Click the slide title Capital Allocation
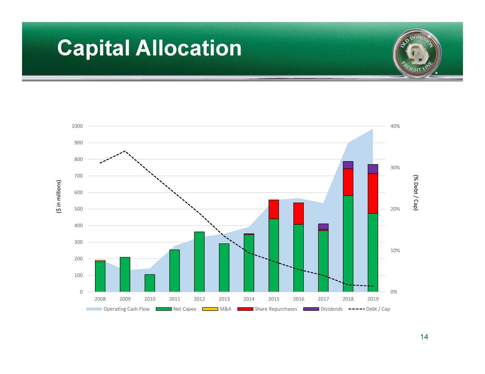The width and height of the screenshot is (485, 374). (149, 48)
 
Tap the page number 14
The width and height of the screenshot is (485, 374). (424, 337)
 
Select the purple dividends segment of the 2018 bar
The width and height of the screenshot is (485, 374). (348, 165)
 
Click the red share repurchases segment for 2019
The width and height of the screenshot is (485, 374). (373, 193)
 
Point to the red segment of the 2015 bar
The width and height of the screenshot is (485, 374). (274, 209)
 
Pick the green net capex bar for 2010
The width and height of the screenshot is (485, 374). (150, 283)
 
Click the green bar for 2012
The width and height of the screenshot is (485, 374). (199, 262)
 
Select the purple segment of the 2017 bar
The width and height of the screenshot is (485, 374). (323, 226)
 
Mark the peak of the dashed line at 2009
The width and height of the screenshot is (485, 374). (125, 151)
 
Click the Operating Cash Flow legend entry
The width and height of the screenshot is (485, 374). (118, 309)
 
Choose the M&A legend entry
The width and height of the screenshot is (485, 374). (217, 309)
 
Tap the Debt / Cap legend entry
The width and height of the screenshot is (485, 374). (369, 309)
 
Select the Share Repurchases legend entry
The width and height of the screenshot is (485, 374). (268, 309)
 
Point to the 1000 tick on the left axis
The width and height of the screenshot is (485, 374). (77, 126)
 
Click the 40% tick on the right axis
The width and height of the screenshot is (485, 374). (395, 126)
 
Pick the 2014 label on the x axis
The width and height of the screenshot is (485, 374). (249, 299)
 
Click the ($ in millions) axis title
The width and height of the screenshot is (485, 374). (58, 197)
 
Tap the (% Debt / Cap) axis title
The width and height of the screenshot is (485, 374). (416, 192)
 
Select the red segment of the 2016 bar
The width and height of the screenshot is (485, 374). (299, 214)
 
